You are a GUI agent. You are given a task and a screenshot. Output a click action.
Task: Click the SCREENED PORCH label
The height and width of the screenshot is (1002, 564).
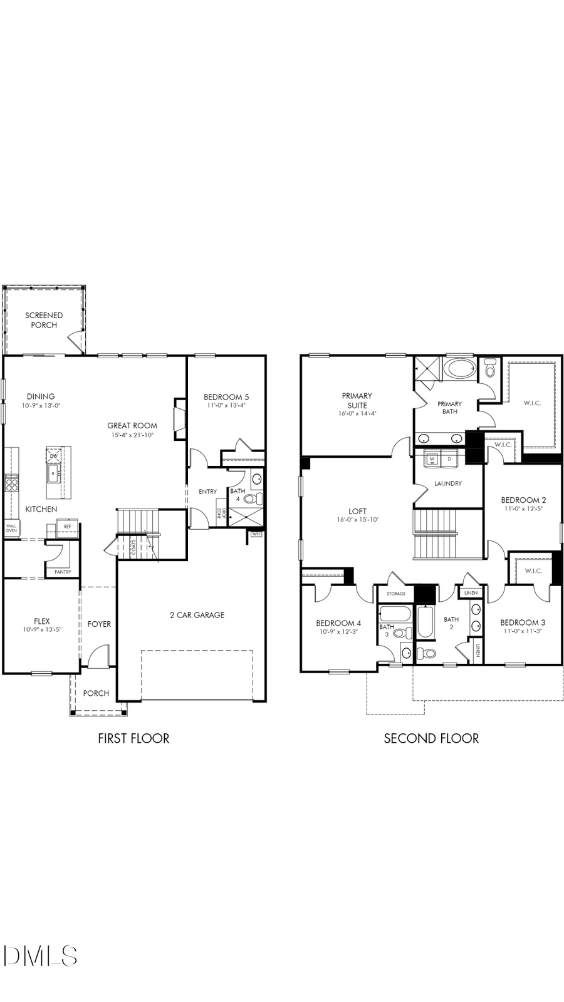click(44, 320)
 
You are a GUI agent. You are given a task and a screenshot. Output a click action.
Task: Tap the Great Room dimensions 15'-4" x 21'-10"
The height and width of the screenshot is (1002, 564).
click(132, 435)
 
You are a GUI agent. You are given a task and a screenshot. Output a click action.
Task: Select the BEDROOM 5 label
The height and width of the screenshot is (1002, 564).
click(226, 397)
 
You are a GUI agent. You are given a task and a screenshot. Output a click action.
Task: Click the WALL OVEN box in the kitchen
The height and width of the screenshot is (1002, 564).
click(11, 529)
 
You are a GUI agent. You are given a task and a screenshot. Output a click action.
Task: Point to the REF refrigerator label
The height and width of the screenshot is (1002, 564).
click(68, 527)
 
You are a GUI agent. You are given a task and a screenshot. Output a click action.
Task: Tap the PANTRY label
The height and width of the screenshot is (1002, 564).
click(63, 572)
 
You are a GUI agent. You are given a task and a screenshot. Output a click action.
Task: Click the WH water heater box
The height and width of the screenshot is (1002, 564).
click(256, 534)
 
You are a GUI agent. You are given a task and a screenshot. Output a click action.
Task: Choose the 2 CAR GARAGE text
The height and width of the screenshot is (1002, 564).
click(197, 615)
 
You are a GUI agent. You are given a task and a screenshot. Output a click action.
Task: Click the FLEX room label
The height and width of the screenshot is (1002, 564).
click(42, 621)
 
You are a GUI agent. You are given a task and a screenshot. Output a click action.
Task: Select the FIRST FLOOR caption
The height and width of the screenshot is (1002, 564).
click(133, 738)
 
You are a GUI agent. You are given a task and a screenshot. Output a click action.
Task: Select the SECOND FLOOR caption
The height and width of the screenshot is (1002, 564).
click(431, 738)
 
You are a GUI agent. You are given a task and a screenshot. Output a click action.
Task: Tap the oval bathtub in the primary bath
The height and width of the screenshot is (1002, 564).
click(460, 368)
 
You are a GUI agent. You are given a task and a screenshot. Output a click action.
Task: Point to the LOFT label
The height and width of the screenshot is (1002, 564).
click(357, 511)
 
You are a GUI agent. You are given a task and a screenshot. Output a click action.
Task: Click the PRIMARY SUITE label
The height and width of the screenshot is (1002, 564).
click(357, 400)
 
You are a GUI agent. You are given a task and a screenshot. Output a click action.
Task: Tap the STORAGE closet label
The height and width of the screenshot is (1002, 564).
click(396, 594)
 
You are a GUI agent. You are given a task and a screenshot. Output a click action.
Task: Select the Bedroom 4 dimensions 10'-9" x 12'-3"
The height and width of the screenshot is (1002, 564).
click(338, 632)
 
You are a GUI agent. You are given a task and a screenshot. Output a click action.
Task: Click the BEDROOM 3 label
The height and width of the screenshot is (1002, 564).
click(523, 622)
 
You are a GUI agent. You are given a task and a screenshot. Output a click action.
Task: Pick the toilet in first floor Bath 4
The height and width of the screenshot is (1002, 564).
click(254, 498)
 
